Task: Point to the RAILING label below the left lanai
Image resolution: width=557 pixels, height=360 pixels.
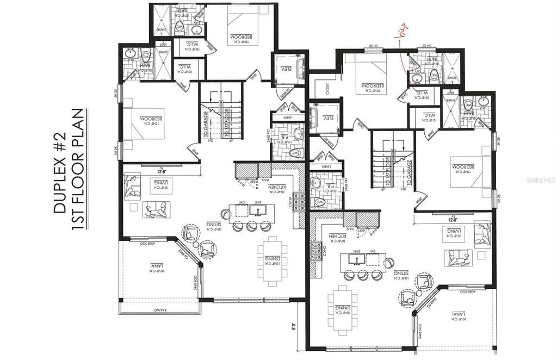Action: click(x=158, y=309)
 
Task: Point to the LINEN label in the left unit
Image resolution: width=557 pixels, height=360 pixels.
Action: click(x=284, y=117)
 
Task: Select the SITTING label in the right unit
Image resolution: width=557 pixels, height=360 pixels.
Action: click(x=400, y=274)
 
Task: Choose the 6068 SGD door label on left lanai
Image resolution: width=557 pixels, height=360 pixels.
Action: click(x=146, y=243)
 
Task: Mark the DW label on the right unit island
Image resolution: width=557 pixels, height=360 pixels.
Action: click(x=373, y=252)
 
